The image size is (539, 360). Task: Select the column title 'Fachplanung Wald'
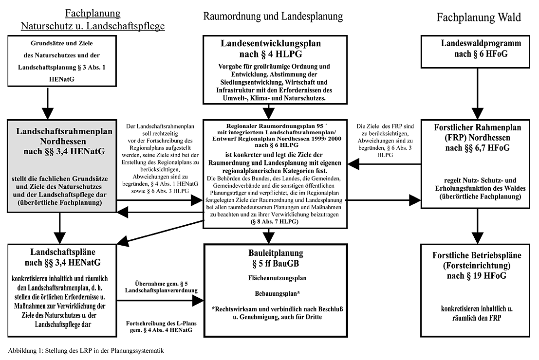tap(479, 18)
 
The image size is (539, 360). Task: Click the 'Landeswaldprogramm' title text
tap(474, 43)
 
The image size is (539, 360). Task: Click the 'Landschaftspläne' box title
tap(61, 253)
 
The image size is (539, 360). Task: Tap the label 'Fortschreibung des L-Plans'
tap(159, 323)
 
